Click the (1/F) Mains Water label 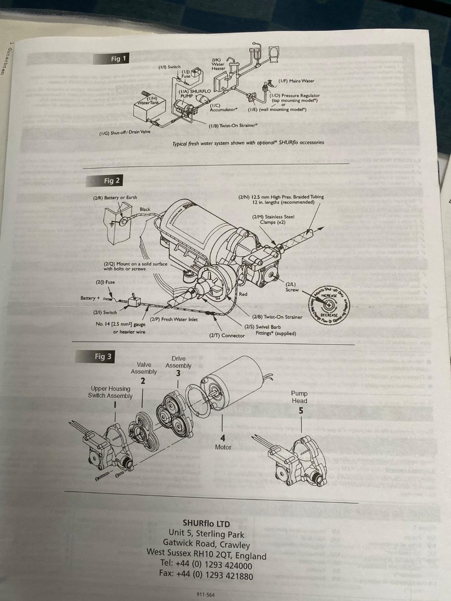coord(296,81)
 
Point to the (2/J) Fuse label coord(105,282)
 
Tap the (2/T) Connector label coord(227,335)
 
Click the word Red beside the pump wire coord(243,294)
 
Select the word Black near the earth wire coord(145,210)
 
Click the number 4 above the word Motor coord(223,437)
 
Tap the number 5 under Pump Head coord(301,411)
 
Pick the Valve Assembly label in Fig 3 coord(144,368)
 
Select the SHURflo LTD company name coord(206,523)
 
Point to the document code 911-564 coord(205,594)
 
